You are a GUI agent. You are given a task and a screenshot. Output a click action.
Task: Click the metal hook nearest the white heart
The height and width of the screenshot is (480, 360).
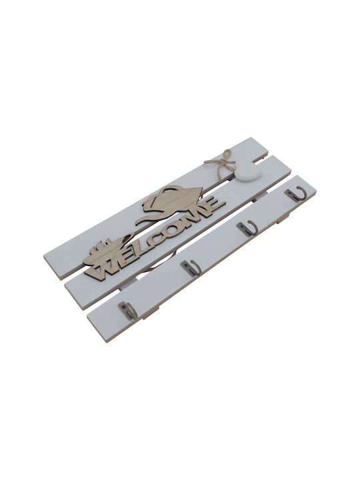(295, 193)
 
